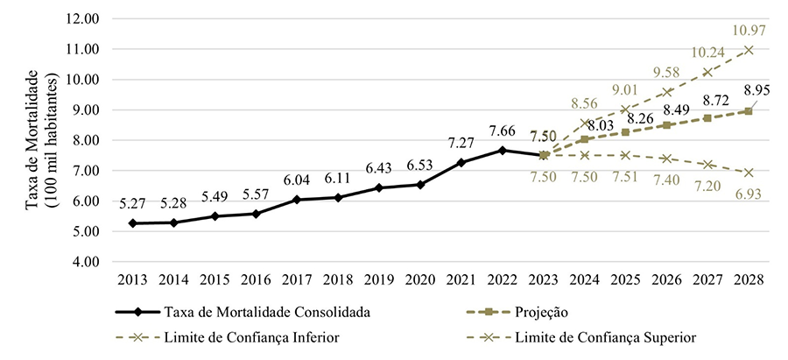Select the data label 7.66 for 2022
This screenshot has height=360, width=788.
point(503,131)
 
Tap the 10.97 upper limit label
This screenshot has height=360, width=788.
point(749,31)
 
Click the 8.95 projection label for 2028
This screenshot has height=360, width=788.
point(756,89)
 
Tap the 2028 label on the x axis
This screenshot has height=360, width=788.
point(749,281)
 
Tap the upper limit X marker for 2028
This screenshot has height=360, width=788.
point(749,50)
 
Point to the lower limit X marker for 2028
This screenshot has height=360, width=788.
point(749,173)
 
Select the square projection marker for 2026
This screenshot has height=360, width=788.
point(667,125)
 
